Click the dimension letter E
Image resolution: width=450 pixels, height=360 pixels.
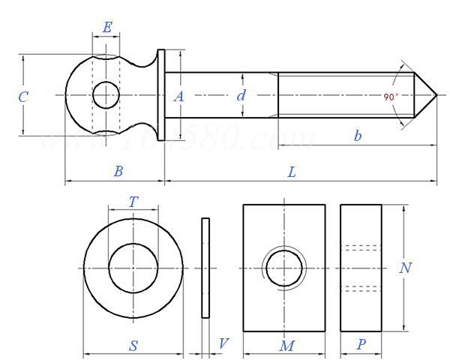[107, 28]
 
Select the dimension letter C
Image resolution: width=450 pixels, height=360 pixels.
[23, 97]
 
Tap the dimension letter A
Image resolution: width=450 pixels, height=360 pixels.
[178, 96]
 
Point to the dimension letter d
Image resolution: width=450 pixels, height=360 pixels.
[241, 96]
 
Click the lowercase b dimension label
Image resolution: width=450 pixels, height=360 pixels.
[358, 136]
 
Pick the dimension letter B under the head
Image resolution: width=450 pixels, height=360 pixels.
[118, 172]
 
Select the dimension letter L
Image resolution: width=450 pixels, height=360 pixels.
[292, 172]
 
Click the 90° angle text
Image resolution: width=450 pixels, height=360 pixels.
[391, 97]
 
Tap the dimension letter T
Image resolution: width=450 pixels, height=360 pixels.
[133, 202]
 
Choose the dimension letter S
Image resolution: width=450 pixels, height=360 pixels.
[133, 346]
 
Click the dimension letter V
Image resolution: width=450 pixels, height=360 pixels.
[223, 344]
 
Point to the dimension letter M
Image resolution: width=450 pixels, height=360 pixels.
[286, 346]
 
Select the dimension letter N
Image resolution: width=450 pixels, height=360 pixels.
[405, 268]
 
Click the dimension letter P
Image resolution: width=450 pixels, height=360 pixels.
[361, 345]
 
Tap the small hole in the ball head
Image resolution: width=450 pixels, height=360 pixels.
[106, 95]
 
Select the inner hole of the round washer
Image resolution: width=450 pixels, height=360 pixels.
[133, 268]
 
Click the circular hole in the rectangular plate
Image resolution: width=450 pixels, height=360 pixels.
[284, 268]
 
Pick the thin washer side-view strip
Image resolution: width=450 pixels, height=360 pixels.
[205, 268]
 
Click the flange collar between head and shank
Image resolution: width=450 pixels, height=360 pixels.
[160, 95]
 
